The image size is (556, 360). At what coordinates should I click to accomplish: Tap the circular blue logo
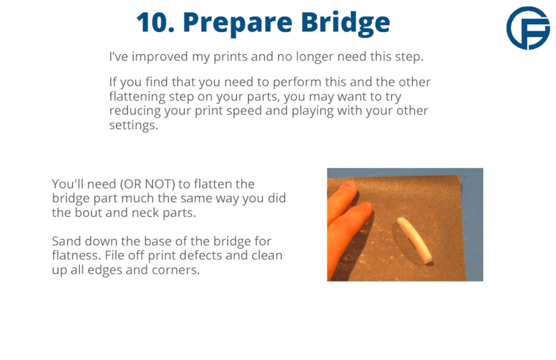[528, 28]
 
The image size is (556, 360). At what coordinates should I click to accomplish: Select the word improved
[160, 57]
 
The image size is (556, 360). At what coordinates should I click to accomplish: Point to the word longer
[315, 57]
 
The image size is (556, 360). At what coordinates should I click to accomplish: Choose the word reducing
[135, 111]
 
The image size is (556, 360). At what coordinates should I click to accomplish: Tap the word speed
[244, 111]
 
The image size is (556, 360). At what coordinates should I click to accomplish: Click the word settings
[133, 125]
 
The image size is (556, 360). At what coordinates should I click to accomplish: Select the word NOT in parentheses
[159, 184]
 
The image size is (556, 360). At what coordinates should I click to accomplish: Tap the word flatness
[76, 255]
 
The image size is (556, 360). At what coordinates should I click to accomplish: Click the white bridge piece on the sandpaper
[414, 240]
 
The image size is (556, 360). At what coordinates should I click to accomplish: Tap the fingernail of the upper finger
[349, 185]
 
